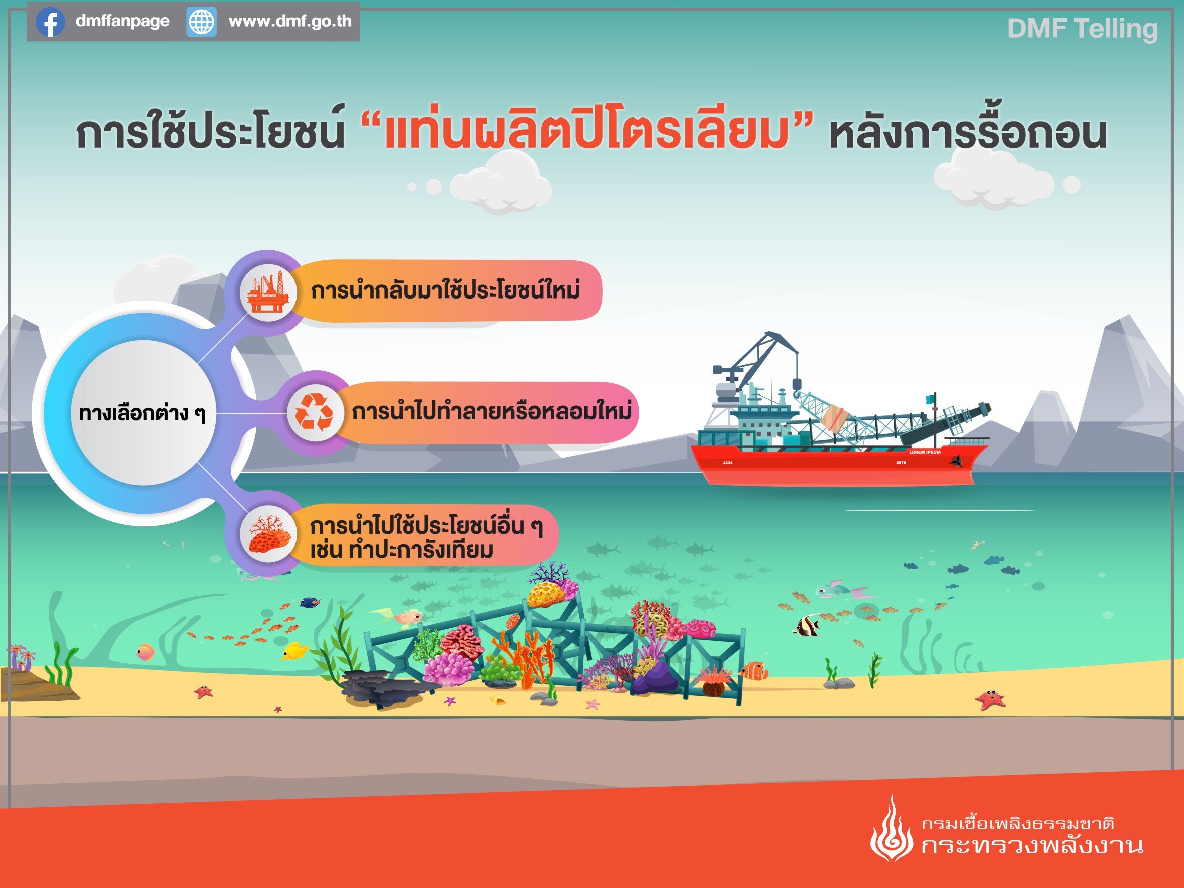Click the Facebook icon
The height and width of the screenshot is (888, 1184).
50,22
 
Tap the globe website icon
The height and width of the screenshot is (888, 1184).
202,22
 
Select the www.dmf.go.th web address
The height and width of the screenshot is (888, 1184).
290,22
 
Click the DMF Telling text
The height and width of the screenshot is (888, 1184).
1082,29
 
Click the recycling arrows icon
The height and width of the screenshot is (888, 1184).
315,412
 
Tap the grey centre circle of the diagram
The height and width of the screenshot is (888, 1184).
143,413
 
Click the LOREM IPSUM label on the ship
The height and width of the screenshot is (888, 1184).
925,452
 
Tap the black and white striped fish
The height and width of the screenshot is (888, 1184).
807,625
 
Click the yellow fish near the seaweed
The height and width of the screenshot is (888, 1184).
295,651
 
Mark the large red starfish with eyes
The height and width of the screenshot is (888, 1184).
990,700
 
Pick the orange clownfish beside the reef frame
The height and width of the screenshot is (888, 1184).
754,670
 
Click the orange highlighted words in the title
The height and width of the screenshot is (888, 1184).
586,131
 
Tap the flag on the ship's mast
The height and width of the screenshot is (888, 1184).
930,399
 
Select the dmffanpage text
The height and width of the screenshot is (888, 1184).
123,22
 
